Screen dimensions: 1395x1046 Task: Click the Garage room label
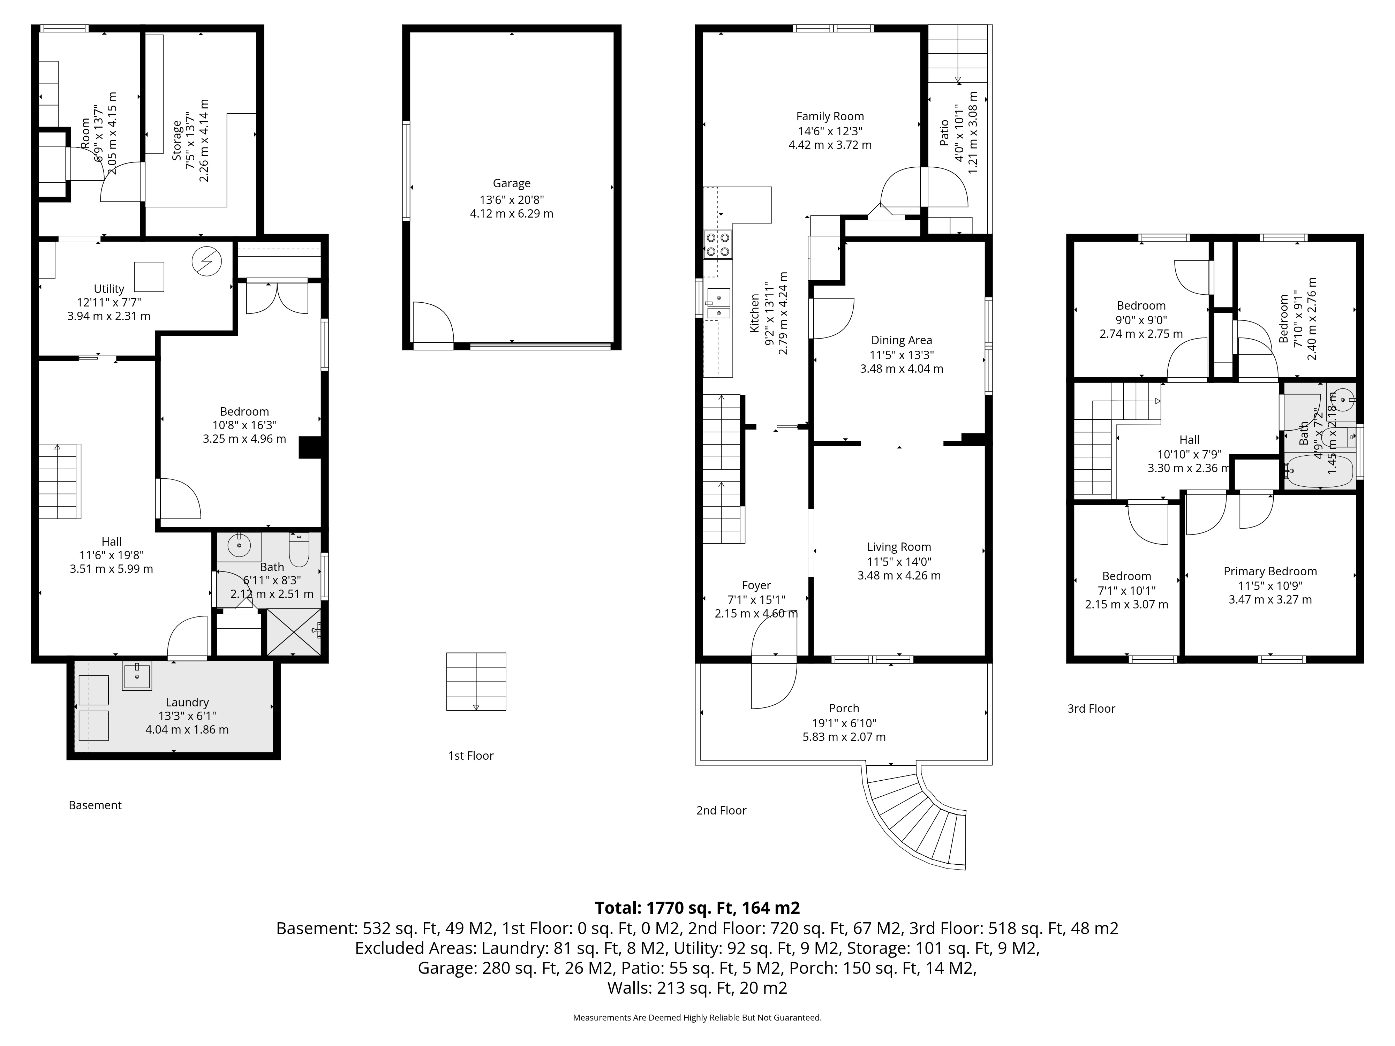click(x=512, y=183)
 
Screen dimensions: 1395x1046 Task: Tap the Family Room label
click(x=830, y=116)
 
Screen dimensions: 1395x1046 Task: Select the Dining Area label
click(x=901, y=340)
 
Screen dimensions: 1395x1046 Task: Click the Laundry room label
click(x=187, y=702)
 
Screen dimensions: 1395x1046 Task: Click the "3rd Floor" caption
click(x=1091, y=709)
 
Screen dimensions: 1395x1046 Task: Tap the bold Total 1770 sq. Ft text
click(x=697, y=908)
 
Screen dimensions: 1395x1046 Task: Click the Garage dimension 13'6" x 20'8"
click(x=512, y=200)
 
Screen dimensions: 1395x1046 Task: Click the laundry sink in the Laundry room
click(x=137, y=676)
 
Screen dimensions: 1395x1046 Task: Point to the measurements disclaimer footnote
click(x=697, y=1018)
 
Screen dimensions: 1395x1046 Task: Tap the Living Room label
click(x=899, y=547)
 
